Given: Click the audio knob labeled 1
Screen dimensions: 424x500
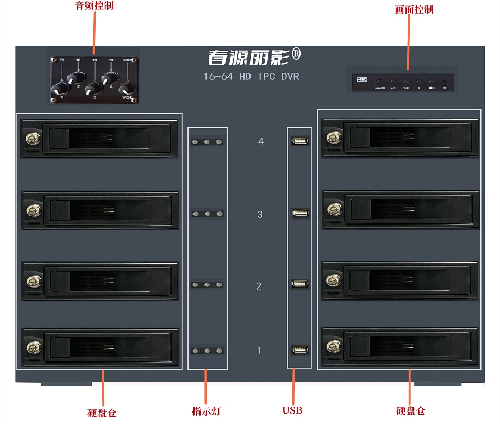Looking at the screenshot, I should pyautogui.click(x=61, y=88).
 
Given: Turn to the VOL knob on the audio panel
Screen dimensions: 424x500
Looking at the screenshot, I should pyautogui.click(x=126, y=90).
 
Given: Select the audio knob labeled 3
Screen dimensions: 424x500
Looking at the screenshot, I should pyautogui.click(x=93, y=88).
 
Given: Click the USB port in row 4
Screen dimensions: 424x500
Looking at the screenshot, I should pyautogui.click(x=299, y=141).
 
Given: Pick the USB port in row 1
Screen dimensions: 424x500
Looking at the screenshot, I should pyautogui.click(x=299, y=350).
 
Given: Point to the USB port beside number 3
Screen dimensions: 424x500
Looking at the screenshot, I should pyautogui.click(x=299, y=213).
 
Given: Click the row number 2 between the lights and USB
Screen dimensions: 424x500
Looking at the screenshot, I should pyautogui.click(x=259, y=286).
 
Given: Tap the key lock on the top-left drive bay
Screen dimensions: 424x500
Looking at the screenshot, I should pyautogui.click(x=30, y=139).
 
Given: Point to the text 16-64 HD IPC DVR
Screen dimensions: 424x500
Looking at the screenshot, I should pyautogui.click(x=251, y=77).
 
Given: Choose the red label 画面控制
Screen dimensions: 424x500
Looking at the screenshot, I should pyautogui.click(x=414, y=9).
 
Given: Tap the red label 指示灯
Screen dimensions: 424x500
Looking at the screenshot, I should pyautogui.click(x=207, y=411).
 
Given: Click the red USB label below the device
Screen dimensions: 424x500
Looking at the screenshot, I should pyautogui.click(x=292, y=410).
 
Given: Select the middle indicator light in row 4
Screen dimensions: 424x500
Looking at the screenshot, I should pyautogui.click(x=208, y=142).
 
